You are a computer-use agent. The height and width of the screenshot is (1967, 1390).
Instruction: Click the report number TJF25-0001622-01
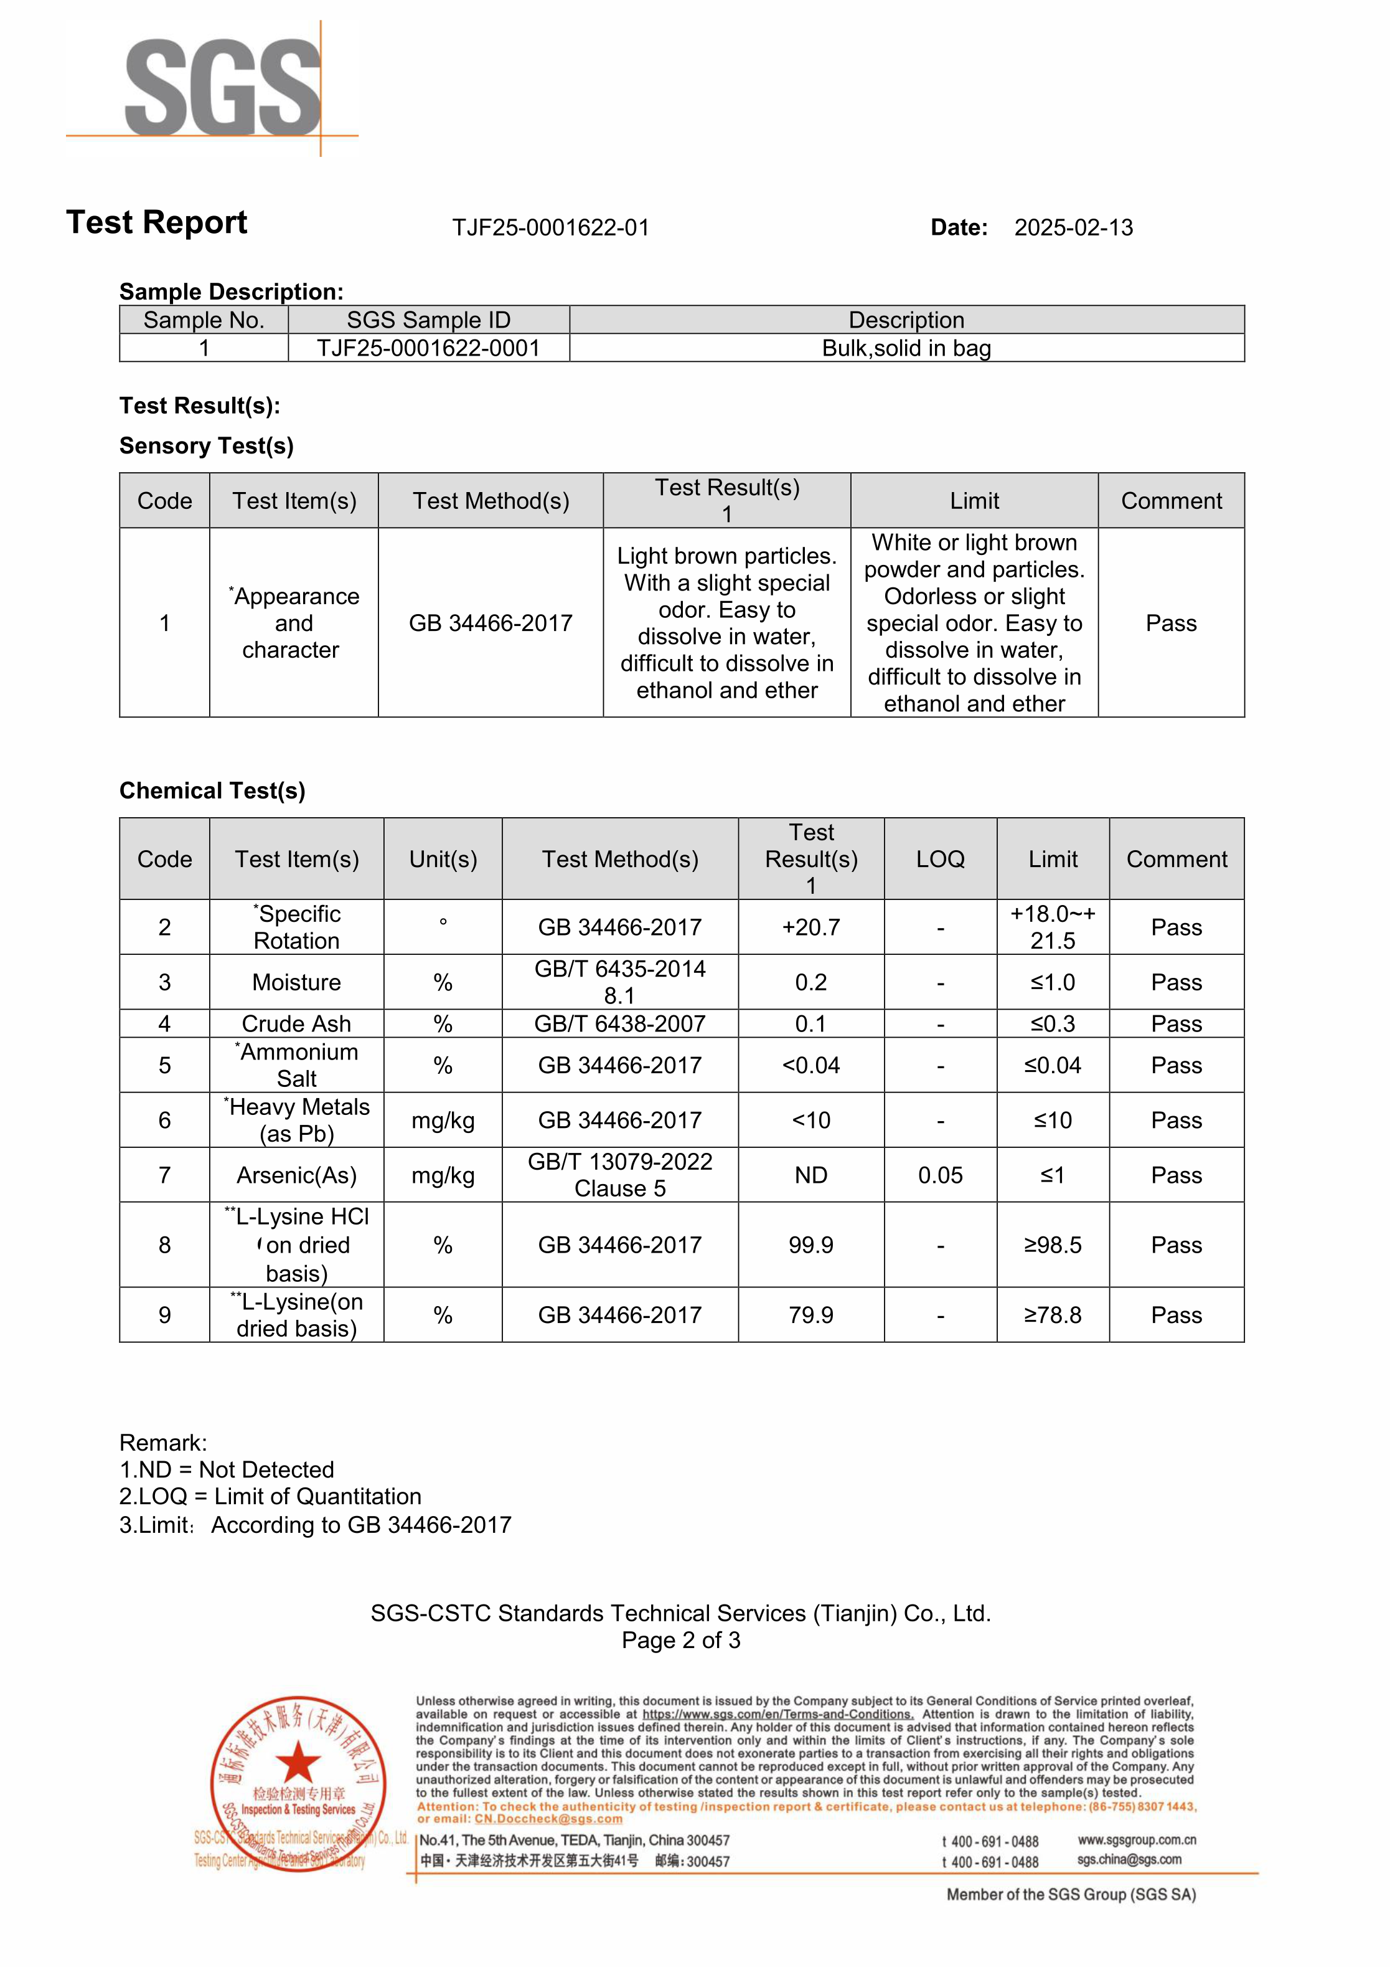pos(551,228)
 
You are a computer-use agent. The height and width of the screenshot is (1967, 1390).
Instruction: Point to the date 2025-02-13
pos(1073,228)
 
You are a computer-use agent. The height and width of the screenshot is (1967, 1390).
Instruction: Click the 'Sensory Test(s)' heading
pos(207,447)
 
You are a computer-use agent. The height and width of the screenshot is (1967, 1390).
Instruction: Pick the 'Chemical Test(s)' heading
pos(212,791)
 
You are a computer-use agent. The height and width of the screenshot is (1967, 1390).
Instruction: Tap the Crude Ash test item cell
pos(296,1024)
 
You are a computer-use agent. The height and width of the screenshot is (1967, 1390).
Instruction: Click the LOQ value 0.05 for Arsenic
pos(941,1175)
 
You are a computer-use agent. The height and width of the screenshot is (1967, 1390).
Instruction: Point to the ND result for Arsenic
pos(810,1175)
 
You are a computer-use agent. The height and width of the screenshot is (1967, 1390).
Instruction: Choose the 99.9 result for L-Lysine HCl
pos(810,1245)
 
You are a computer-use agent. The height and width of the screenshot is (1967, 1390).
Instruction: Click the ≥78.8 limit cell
pos(1053,1315)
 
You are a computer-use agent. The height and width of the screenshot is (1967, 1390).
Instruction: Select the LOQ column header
pos(941,860)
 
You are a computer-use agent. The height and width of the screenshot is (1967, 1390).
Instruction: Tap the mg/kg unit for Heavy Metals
pos(443,1121)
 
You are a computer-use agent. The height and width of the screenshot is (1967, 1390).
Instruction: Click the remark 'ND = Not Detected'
pos(227,1470)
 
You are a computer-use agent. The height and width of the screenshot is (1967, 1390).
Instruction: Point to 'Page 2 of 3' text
pos(681,1641)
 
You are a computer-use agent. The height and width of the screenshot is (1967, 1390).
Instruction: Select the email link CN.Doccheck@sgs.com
pos(548,1819)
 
